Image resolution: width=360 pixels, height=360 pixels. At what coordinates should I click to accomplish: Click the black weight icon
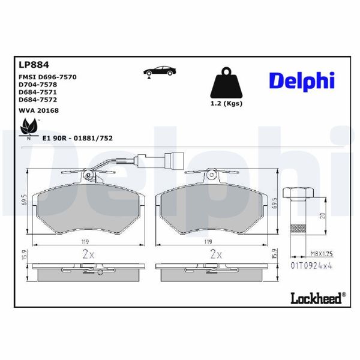pos(227,86)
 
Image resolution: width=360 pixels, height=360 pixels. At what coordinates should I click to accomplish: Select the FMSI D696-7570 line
pos(48,77)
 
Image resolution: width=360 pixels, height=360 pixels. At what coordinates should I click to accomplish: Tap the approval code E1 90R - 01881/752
pos(77,138)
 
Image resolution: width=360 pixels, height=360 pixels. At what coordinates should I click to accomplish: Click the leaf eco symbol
pos(28,127)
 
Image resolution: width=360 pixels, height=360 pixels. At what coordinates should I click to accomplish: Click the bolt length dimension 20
pos(322,216)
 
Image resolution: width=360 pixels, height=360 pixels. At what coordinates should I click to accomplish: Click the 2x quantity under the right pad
pos(215,254)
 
